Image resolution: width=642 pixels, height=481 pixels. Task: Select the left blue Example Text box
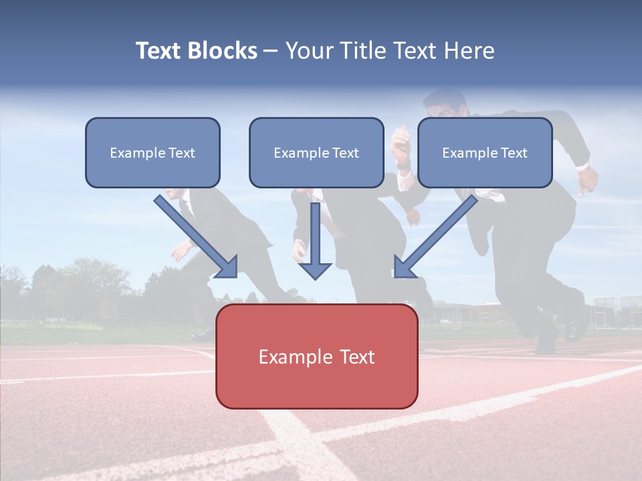[x=152, y=152]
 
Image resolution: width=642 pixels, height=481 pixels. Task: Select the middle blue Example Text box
[x=316, y=152]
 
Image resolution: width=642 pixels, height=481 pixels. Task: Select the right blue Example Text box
[x=485, y=152]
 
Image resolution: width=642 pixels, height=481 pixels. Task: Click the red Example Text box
[x=316, y=356]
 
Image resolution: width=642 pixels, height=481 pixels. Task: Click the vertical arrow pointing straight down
[x=315, y=240]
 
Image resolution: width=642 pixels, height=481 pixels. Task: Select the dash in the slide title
[x=271, y=51]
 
